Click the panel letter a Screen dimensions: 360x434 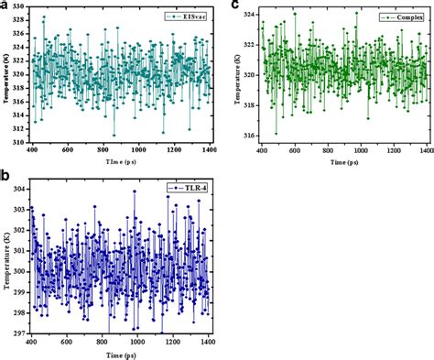pyautogui.click(x=6, y=6)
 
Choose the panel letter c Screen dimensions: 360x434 pyautogui.click(x=236, y=6)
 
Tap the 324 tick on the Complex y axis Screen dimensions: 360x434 pyautogui.click(x=248, y=14)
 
